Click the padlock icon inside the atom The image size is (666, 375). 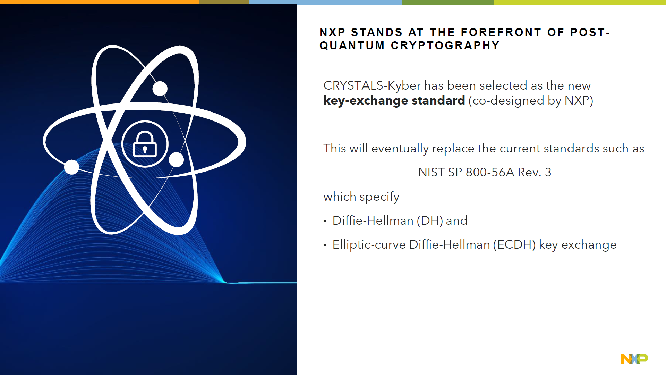145,144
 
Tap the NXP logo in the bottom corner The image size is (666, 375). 634,359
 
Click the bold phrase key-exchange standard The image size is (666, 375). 394,101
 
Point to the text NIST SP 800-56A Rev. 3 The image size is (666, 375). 484,172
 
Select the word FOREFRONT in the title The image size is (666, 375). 501,33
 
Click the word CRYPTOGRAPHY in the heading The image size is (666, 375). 445,46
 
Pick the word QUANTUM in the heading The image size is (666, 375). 352,46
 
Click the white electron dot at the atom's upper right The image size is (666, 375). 160,89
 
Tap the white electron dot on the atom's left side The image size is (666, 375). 72,167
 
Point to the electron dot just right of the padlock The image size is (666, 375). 176,160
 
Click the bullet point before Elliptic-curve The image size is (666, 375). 325,245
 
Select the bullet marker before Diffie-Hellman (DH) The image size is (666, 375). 325,221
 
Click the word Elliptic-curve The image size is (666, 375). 369,245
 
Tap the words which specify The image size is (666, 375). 361,197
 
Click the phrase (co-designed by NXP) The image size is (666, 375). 531,101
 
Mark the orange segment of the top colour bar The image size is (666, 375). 99,2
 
